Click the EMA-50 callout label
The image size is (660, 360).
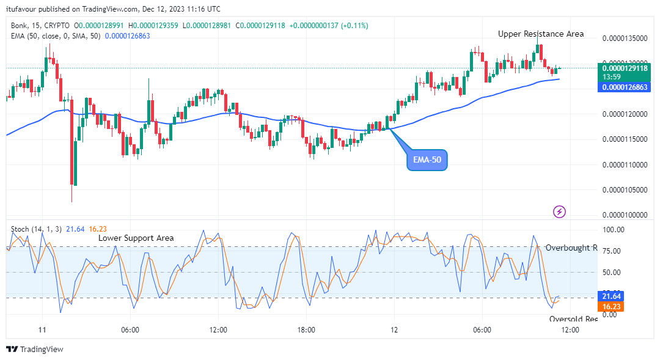pos(427,160)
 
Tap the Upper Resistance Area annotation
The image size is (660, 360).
pos(540,34)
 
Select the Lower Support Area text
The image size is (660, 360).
pos(136,238)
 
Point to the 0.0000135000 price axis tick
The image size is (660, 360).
pos(625,38)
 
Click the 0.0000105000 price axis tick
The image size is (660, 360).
pos(625,189)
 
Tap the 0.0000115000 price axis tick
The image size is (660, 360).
pos(625,139)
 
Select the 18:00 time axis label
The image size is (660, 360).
pos(306,329)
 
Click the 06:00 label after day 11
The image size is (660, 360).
pos(130,329)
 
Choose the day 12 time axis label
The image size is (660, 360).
pos(394,329)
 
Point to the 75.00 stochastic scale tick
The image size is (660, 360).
pos(612,251)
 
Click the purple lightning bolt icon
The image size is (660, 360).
pos(559,211)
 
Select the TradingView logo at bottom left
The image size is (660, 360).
pos(35,349)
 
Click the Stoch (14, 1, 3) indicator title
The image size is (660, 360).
pos(36,229)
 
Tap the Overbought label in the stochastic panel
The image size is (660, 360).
pos(571,248)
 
